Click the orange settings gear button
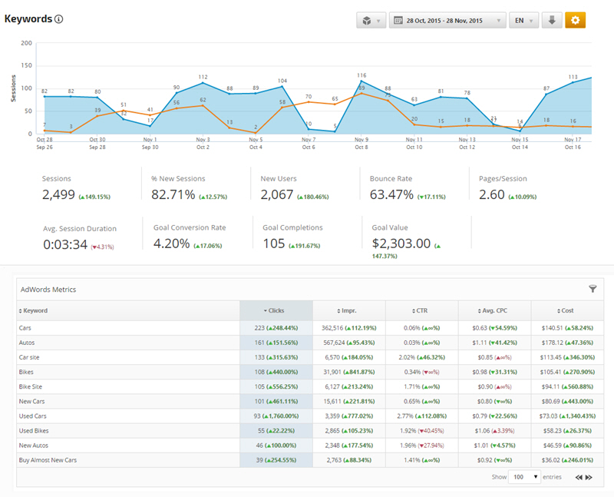point(575,21)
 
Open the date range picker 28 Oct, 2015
point(447,21)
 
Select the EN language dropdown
point(523,21)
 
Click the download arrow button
point(551,21)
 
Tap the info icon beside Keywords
point(59,19)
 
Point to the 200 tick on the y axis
point(27,43)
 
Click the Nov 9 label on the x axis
point(361,140)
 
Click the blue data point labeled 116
point(361,81)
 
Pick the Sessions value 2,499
point(59,195)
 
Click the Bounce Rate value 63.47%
point(392,195)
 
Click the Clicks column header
point(276,310)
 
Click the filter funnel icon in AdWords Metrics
point(593,289)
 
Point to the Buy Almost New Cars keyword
point(48,459)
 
